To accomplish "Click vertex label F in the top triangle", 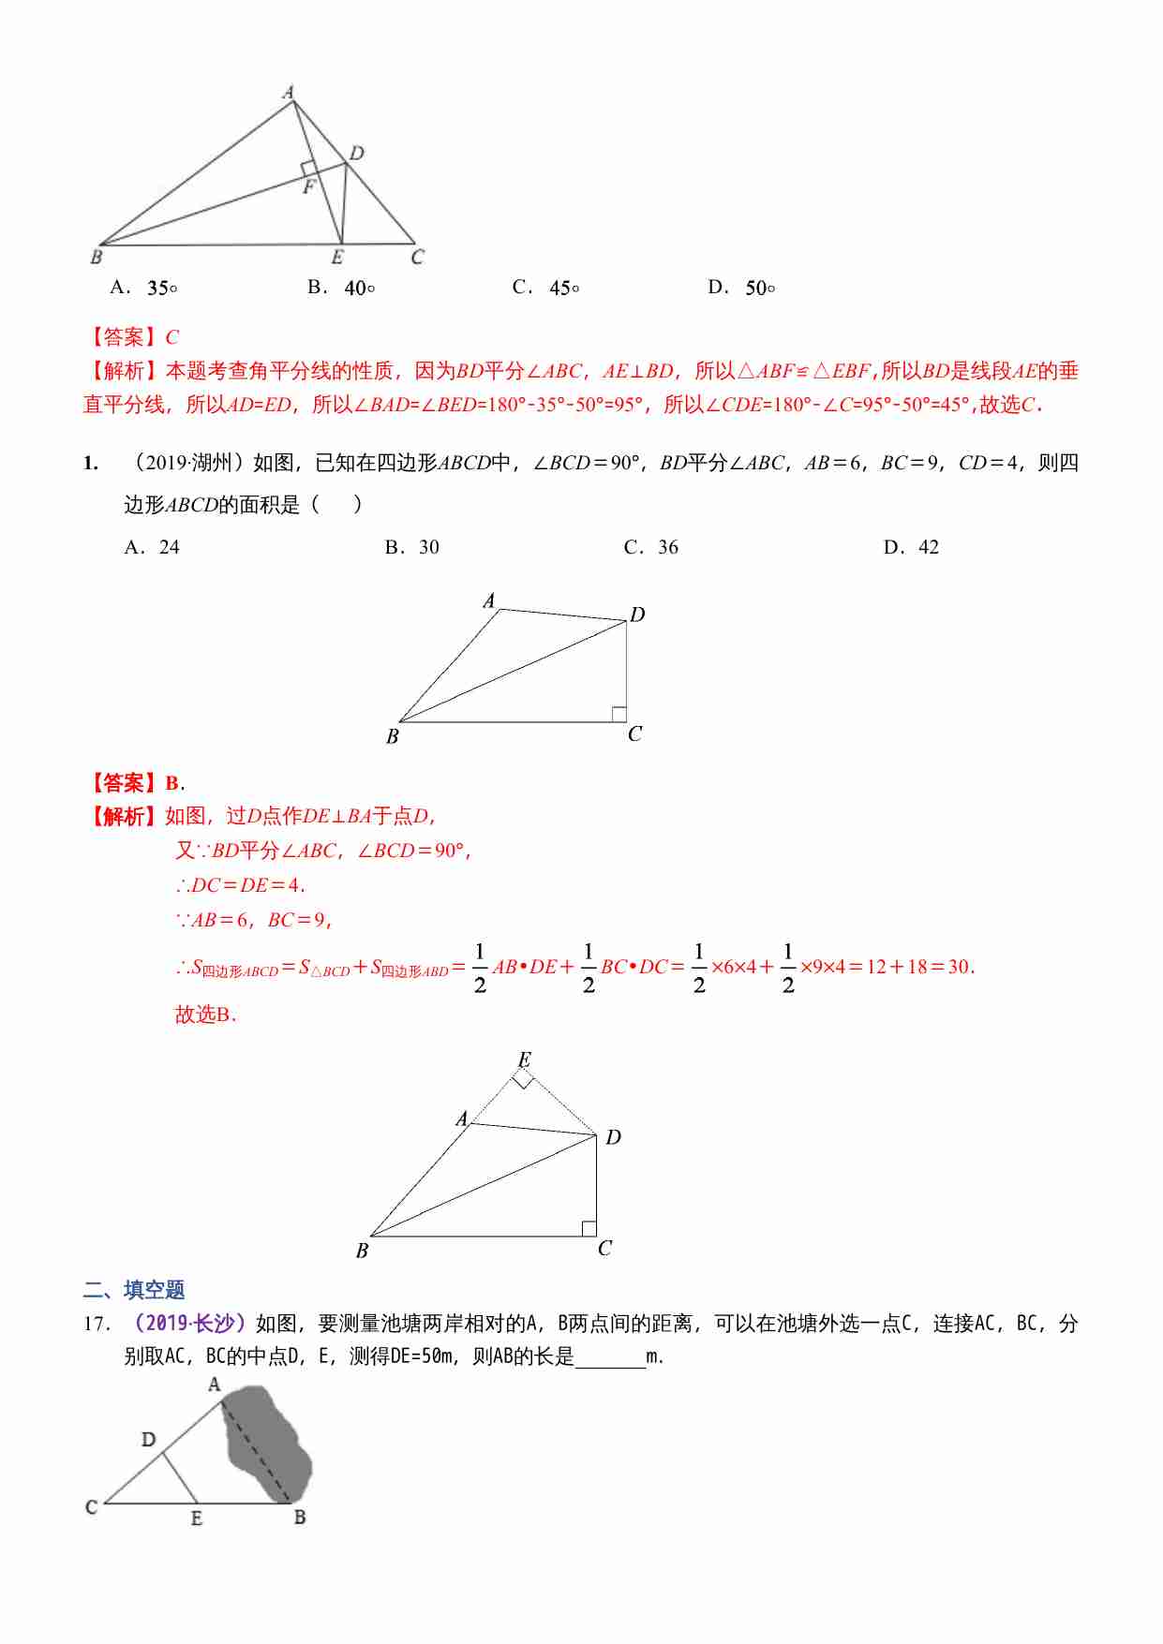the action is pyautogui.click(x=308, y=187).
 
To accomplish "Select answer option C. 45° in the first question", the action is pyautogui.click(x=546, y=288).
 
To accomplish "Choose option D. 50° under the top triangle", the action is pyautogui.click(x=741, y=288).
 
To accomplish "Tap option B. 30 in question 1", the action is pyautogui.click(x=412, y=547).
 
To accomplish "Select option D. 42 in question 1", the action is pyautogui.click(x=911, y=547).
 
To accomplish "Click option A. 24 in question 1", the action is pyautogui.click(x=152, y=547).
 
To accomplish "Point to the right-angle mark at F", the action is pyautogui.click(x=308, y=168).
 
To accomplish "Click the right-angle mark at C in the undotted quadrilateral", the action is pyautogui.click(x=619, y=714).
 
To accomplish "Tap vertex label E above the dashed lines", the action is pyautogui.click(x=525, y=1059).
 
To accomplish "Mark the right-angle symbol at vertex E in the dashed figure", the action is pyautogui.click(x=523, y=1081).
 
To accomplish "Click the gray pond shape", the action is pyautogui.click(x=267, y=1443).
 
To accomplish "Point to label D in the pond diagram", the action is pyautogui.click(x=148, y=1439).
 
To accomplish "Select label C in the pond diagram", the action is pyautogui.click(x=91, y=1507).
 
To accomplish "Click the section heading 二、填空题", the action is pyautogui.click(x=134, y=1290).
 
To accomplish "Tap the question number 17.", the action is pyautogui.click(x=97, y=1324).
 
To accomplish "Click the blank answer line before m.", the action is pyautogui.click(x=610, y=1358).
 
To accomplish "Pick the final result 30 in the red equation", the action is pyautogui.click(x=959, y=967).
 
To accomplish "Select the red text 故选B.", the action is pyautogui.click(x=206, y=1015).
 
